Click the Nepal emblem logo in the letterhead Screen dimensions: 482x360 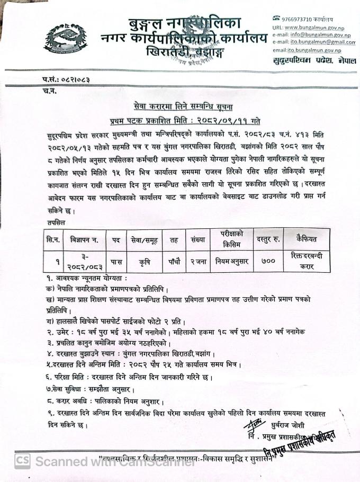click(x=76, y=37)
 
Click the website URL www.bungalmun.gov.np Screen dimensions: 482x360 click(x=313, y=26)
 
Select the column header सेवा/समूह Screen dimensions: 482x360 click(x=144, y=240)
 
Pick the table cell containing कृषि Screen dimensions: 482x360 click(x=144, y=261)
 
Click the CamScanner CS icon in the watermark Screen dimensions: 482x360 click(x=22, y=460)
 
